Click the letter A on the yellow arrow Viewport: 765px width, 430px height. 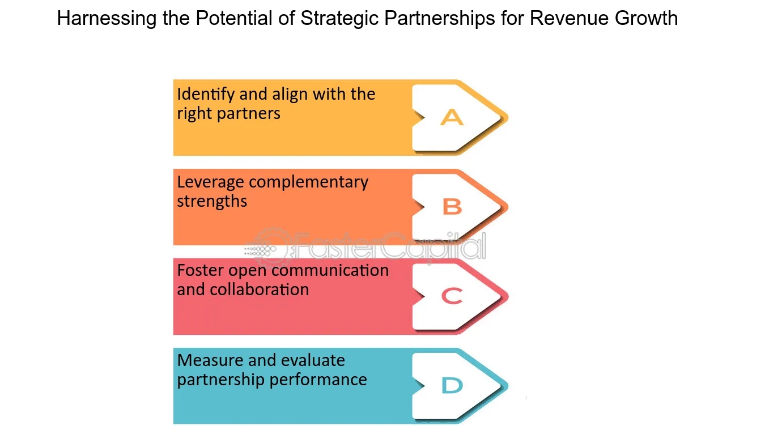pyautogui.click(x=452, y=118)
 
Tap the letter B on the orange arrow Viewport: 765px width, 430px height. pyautogui.click(x=452, y=207)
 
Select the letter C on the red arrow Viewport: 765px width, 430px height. pyautogui.click(x=452, y=296)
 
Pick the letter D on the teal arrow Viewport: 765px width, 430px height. pyautogui.click(x=452, y=386)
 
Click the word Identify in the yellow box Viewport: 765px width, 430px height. pyautogui.click(x=204, y=95)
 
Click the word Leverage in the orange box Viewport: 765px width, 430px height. pyautogui.click(x=210, y=183)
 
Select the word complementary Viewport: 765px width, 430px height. pyautogui.click(x=308, y=183)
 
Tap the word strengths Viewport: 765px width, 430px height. pyautogui.click(x=212, y=202)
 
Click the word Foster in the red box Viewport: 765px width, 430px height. pyautogui.click(x=200, y=271)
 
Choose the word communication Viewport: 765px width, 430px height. pyautogui.click(x=330, y=271)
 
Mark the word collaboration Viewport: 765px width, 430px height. pyautogui.click(x=260, y=289)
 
